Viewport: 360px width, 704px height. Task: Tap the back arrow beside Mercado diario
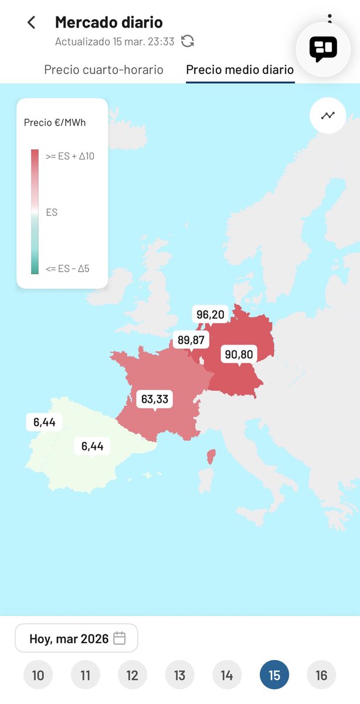pos(32,23)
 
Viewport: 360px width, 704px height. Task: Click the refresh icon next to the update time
pos(188,41)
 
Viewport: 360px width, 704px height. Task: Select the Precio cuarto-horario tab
pos(104,70)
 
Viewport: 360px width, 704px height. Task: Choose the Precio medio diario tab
pos(240,70)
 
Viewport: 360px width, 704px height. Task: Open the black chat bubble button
pos(323,48)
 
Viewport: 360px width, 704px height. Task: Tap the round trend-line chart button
pos(328,116)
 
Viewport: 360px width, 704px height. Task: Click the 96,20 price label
pos(210,315)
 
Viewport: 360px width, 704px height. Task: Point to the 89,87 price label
pos(191,340)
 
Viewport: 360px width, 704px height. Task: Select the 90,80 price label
pos(238,354)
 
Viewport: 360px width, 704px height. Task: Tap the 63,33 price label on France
pos(155,400)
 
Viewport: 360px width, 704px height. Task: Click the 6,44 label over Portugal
pos(44,422)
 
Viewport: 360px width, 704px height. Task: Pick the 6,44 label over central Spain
pos(92,446)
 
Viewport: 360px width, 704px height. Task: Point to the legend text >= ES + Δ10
pos(70,156)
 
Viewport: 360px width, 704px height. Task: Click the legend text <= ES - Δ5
pos(67,269)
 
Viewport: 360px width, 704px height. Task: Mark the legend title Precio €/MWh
pos(55,123)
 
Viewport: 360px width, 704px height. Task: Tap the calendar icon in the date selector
pos(120,638)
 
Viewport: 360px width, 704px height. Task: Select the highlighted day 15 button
pos(274,675)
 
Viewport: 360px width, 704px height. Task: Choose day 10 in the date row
pos(38,675)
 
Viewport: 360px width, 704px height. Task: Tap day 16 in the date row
pos(321,675)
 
